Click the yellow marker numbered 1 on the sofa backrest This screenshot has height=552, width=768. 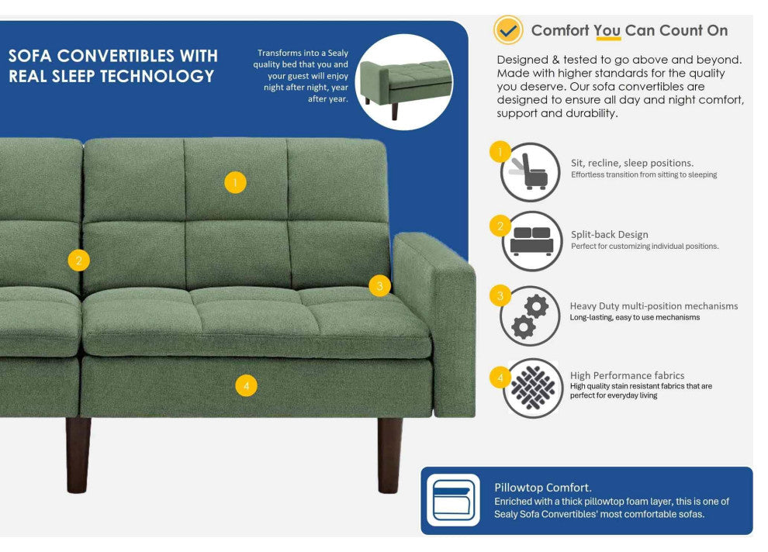(235, 183)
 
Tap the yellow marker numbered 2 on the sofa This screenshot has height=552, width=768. (78, 260)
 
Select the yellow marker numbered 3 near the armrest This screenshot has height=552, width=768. (379, 286)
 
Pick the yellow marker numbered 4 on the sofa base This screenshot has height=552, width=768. (246, 385)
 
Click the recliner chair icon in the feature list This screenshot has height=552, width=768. (531, 172)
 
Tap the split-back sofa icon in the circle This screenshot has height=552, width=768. (531, 241)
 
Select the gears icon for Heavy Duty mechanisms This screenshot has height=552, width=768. (531, 316)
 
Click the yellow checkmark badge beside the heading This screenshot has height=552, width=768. (508, 30)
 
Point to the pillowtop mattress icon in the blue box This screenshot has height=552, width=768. (453, 500)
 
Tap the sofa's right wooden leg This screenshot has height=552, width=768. (389, 455)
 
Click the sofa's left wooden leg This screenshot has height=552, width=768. (78, 455)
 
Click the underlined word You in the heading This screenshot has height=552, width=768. (607, 31)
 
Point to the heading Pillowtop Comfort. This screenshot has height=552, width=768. (543, 488)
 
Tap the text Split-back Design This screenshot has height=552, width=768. (610, 234)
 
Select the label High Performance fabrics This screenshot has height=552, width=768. (627, 375)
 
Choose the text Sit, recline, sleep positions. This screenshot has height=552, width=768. (632, 163)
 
